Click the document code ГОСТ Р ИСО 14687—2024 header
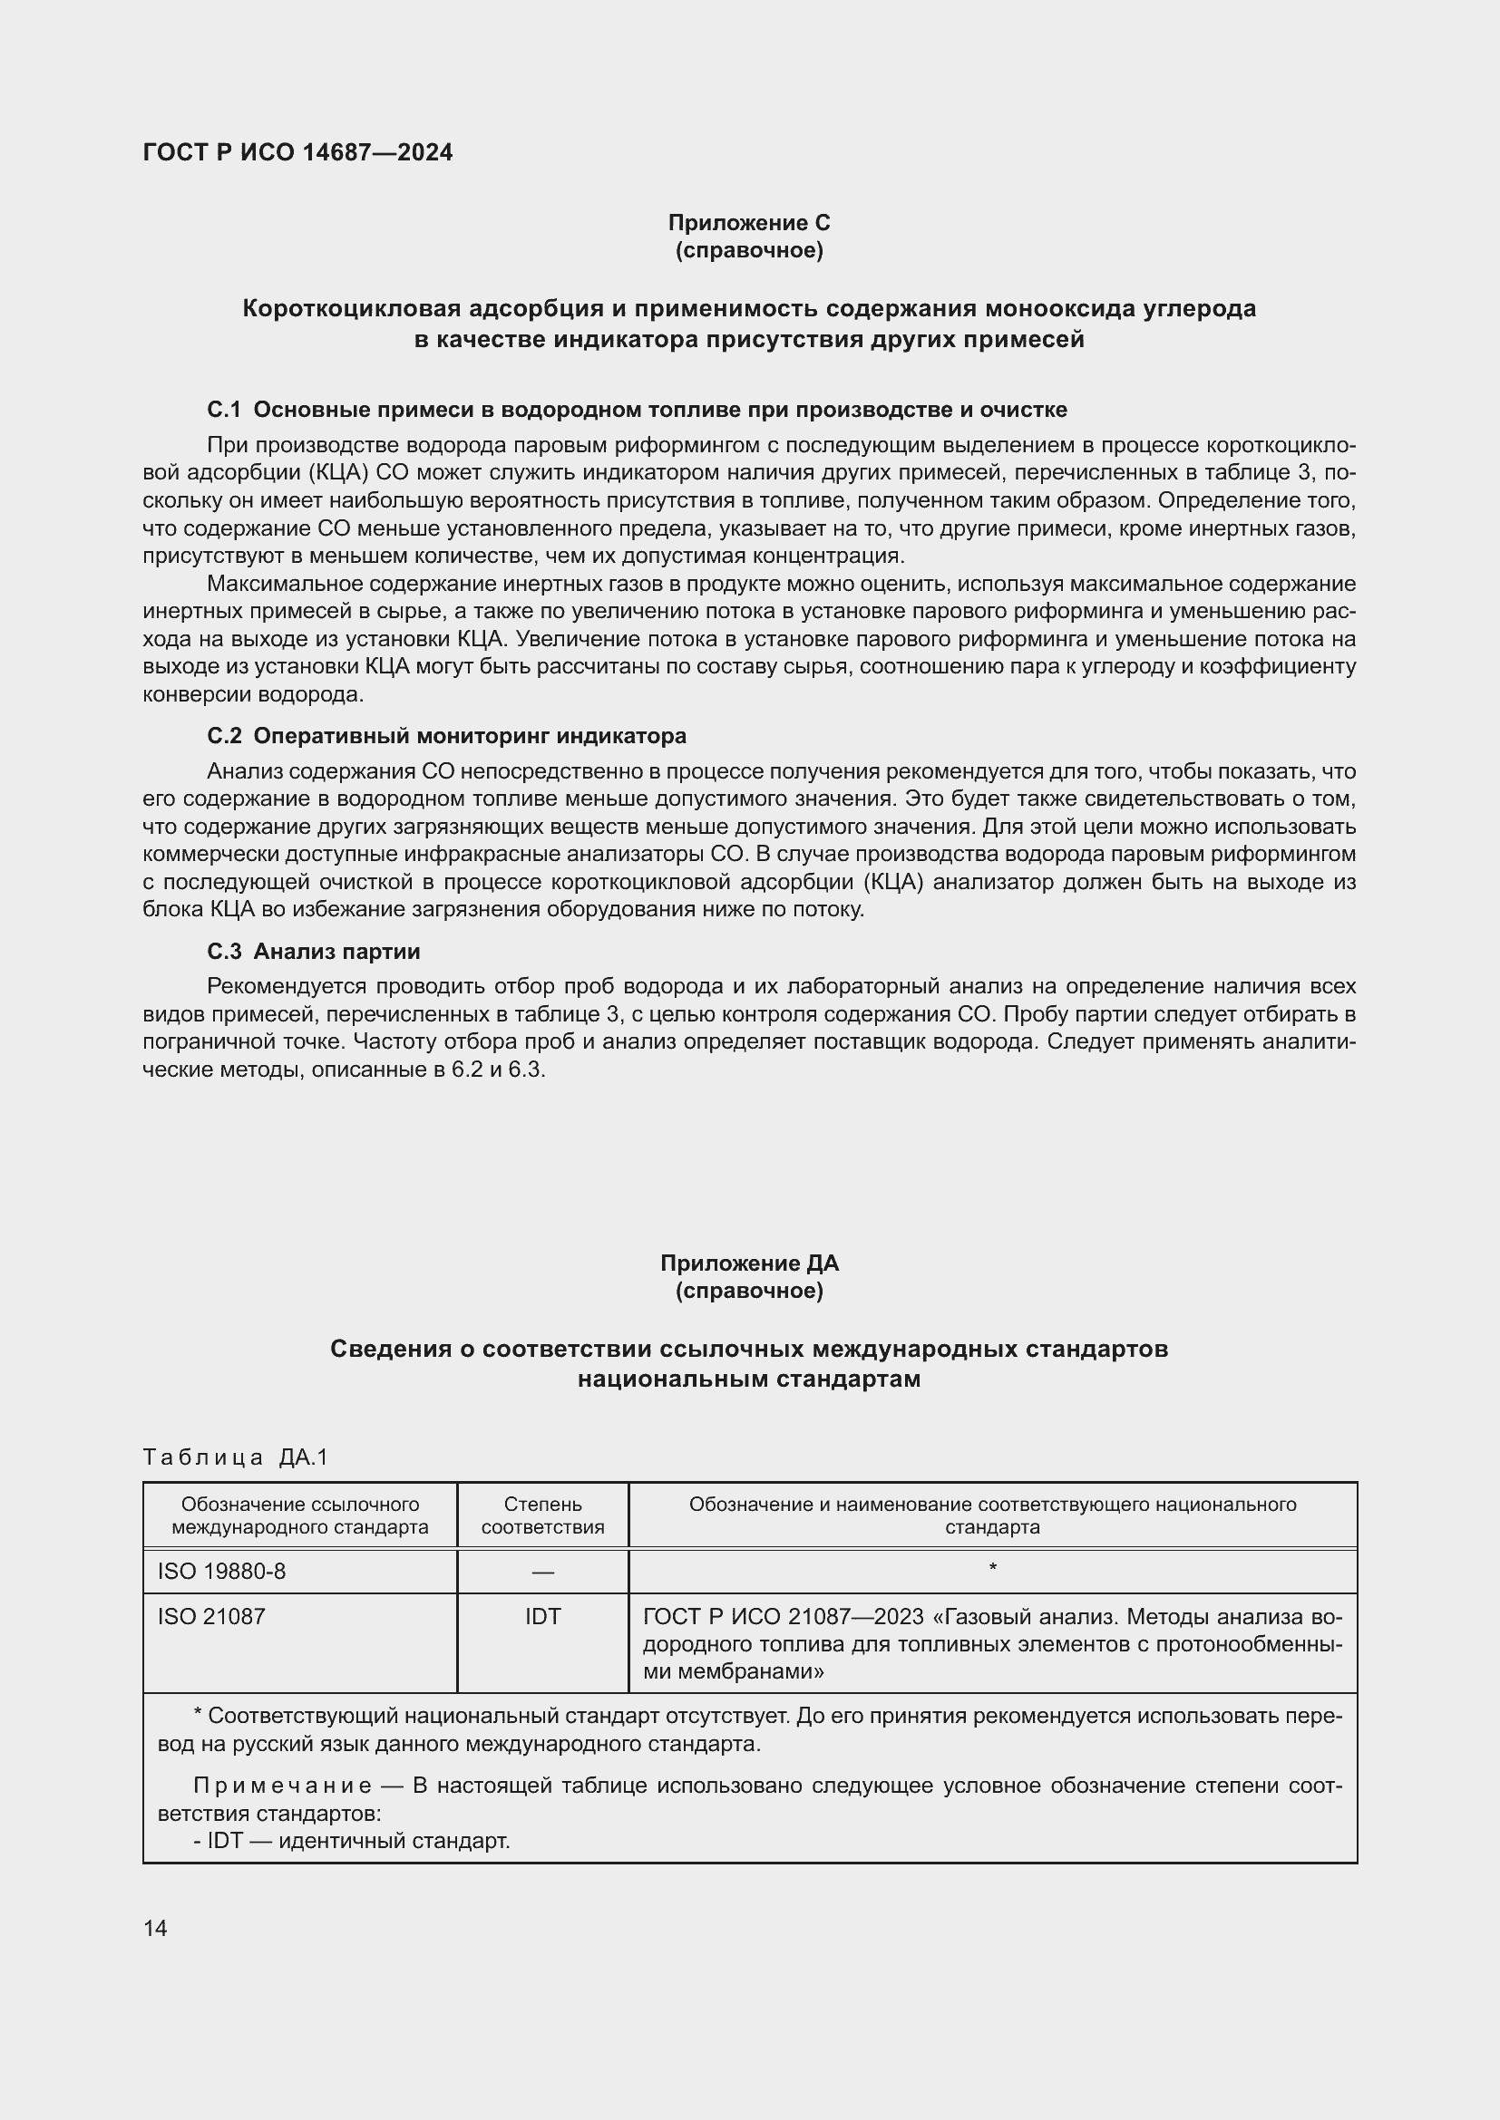coord(297,152)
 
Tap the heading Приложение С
coord(748,223)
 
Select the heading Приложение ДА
coord(748,1263)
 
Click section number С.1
coord(223,409)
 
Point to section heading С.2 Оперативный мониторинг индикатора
coord(446,736)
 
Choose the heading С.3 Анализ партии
coord(313,951)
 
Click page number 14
coord(155,1928)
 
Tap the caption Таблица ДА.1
coord(236,1457)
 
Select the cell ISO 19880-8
coord(221,1571)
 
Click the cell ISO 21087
coord(211,1617)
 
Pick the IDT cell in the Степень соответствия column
coord(542,1617)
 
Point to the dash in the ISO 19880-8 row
coord(542,1572)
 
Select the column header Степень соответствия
coord(542,1515)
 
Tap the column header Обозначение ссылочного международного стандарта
coord(299,1515)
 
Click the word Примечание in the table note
coord(283,1786)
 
